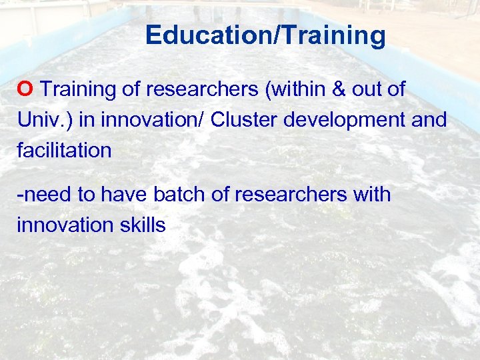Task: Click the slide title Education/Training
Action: [265, 35]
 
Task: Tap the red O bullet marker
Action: [26, 89]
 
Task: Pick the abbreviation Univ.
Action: [41, 120]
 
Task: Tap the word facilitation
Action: [64, 150]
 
